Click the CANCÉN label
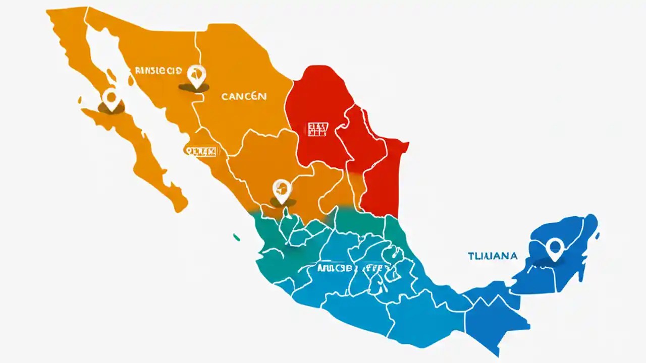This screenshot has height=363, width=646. [x=244, y=96]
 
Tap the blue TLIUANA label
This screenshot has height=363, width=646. [x=492, y=256]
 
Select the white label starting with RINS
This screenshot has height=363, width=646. [x=158, y=71]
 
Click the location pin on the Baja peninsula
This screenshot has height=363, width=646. [x=111, y=98]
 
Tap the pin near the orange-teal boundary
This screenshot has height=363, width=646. [x=282, y=191]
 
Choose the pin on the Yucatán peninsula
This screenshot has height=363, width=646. [x=554, y=249]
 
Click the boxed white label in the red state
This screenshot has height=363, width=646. [x=317, y=129]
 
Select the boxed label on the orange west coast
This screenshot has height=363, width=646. [x=200, y=151]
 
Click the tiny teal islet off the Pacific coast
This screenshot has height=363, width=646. [x=236, y=236]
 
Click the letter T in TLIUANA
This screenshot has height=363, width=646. [x=470, y=256]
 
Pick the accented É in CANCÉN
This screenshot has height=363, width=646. [x=252, y=96]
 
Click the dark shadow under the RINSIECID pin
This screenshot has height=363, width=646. [x=194, y=88]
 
